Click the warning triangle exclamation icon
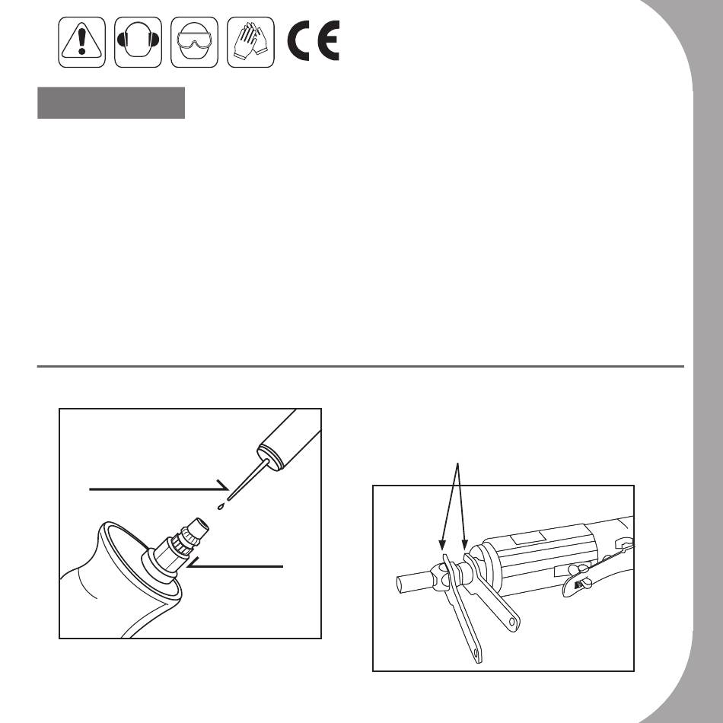[x=81, y=42]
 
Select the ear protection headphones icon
[x=138, y=42]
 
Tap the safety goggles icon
[x=194, y=42]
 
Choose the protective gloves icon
[x=250, y=42]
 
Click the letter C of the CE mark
[x=298, y=40]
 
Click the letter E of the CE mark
[x=328, y=40]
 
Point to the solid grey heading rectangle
[x=111, y=103]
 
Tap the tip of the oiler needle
[x=229, y=499]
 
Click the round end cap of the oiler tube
[x=270, y=456]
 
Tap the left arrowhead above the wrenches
[x=442, y=545]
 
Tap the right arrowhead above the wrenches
[x=465, y=545]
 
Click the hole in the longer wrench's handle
[x=476, y=654]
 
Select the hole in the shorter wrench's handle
[x=512, y=622]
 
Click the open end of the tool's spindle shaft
[x=400, y=584]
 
